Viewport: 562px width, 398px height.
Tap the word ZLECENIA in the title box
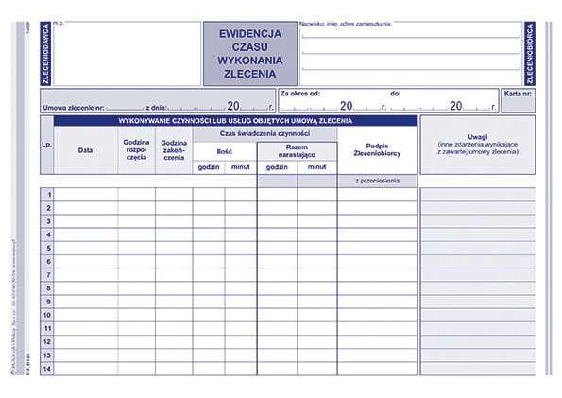point(249,72)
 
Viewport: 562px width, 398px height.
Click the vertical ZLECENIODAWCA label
point(44,54)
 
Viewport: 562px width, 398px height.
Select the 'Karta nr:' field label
point(518,95)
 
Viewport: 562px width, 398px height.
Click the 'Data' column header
point(85,150)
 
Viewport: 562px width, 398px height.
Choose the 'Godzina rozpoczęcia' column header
point(136,150)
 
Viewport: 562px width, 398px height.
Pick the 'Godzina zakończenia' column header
point(174,150)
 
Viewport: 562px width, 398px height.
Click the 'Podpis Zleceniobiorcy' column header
point(376,150)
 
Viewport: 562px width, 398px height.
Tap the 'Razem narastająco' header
point(297,150)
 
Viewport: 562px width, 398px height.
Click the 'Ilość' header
point(224,150)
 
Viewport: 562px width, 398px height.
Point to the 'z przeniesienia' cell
point(376,180)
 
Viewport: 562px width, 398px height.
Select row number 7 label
point(47,274)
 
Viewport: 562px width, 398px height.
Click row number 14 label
point(47,368)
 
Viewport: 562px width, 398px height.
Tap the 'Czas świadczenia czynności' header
point(264,133)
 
